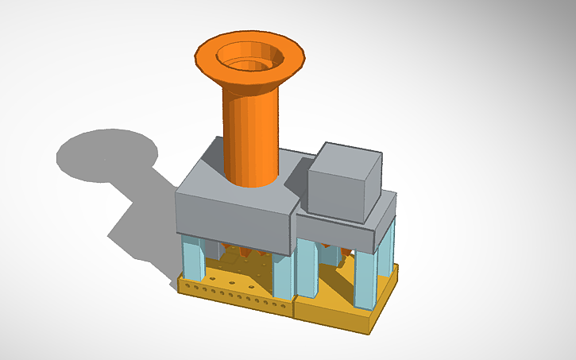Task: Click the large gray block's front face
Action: (230, 219)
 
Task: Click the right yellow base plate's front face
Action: (334, 314)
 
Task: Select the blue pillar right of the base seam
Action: (307, 266)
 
